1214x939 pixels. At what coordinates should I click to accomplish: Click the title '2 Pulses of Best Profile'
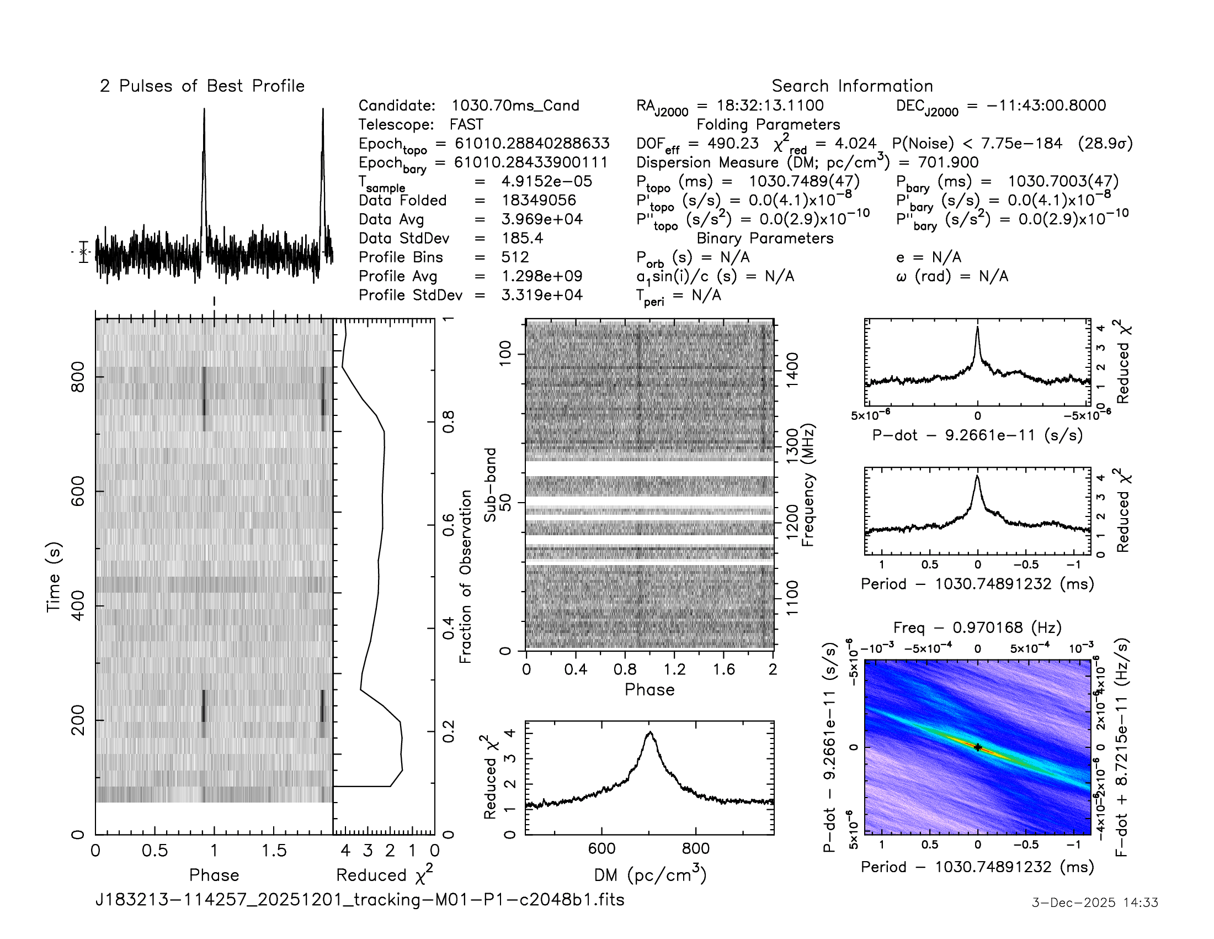point(202,86)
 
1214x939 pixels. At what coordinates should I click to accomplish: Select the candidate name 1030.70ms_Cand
point(515,105)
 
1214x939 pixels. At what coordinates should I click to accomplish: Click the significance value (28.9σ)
point(1105,144)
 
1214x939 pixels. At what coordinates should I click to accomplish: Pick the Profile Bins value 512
point(515,257)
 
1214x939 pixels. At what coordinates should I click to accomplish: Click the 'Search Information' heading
point(851,86)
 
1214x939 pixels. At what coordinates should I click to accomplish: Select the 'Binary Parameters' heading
point(765,238)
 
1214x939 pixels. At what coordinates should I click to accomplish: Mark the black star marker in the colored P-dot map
point(978,748)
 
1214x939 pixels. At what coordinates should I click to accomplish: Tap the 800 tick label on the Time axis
point(78,377)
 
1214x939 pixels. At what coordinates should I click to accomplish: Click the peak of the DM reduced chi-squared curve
point(650,733)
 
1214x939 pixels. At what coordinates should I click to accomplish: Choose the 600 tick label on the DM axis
point(601,849)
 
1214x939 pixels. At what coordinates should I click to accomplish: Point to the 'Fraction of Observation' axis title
point(465,576)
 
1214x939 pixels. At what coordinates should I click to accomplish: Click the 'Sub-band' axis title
point(489,485)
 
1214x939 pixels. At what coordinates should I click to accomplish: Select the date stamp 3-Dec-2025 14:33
point(1094,903)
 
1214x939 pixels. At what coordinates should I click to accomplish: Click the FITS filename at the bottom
point(360,899)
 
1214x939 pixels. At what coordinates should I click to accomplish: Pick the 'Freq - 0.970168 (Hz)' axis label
point(977,627)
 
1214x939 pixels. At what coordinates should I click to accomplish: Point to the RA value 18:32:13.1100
point(760,105)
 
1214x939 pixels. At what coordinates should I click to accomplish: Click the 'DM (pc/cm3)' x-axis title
point(650,875)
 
